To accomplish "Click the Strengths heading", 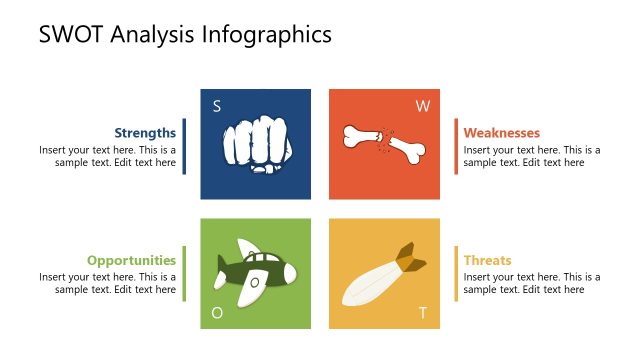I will (145, 132).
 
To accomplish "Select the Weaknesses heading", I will (502, 132).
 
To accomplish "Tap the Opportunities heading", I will (131, 260).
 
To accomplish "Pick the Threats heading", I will (487, 260).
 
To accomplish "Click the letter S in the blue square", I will (217, 106).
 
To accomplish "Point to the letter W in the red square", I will (422, 106).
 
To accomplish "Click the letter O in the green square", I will (217, 313).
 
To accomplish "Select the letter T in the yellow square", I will (423, 313).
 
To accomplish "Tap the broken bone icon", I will (385, 143).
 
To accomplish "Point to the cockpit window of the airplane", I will (255, 282).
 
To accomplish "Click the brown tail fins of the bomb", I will (410, 257).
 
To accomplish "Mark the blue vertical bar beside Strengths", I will (184, 146).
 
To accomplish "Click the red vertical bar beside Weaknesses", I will (456, 146).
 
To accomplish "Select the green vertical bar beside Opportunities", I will (184, 273).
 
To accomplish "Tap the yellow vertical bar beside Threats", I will (456, 273).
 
